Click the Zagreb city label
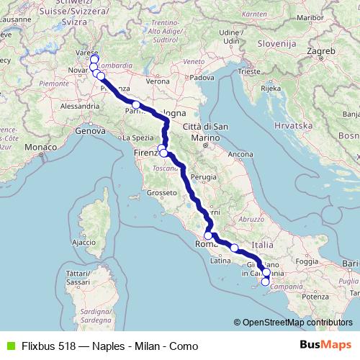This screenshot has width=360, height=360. [321, 53]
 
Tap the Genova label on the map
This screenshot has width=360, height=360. [90, 132]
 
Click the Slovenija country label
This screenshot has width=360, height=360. [276, 44]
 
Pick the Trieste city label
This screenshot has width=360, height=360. [250, 71]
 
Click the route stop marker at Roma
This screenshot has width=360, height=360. [208, 235]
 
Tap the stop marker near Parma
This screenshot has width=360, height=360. [135, 105]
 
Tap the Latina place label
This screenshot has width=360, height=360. [220, 260]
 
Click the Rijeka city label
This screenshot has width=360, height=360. [270, 89]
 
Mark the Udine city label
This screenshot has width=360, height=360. [229, 32]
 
